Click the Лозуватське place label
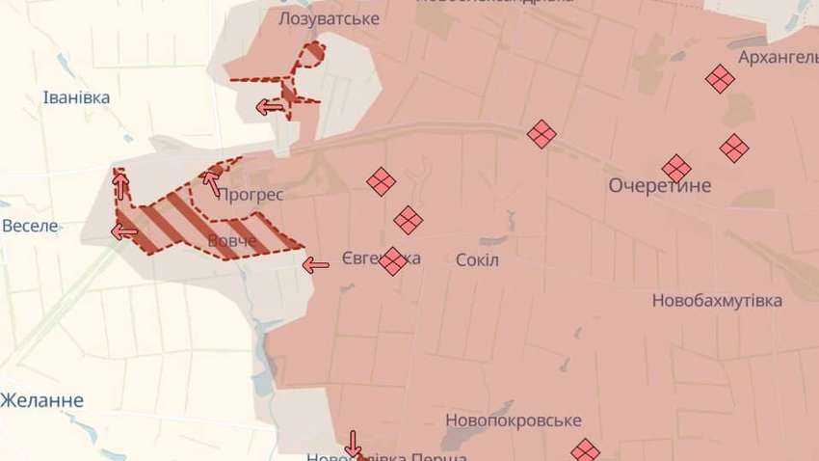click(315, 18)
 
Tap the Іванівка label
click(77, 97)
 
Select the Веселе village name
click(30, 227)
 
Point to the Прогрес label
click(251, 194)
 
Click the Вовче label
click(232, 239)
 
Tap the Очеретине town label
click(660, 185)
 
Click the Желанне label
click(42, 400)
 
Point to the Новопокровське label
click(514, 420)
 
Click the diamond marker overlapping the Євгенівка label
click(392, 260)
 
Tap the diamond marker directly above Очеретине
click(676, 169)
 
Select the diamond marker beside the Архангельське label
click(719, 79)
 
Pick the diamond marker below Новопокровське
click(585, 450)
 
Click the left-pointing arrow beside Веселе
click(124, 230)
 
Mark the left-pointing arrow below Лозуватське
click(269, 106)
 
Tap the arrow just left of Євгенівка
click(315, 264)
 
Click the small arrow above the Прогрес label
click(211, 178)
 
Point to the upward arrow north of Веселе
click(120, 182)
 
